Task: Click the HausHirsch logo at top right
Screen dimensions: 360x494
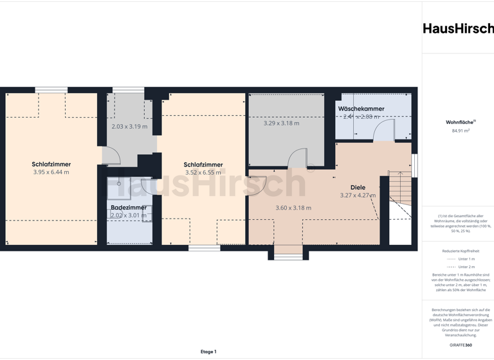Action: (458, 28)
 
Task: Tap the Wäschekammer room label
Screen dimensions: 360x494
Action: (361, 109)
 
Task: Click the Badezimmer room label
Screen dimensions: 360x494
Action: (129, 208)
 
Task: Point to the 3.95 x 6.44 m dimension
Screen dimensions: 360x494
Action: (51, 172)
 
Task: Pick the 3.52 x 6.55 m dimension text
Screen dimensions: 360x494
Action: (203, 172)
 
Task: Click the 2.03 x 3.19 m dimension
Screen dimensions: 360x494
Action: (129, 127)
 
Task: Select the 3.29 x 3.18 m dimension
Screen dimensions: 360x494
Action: (281, 123)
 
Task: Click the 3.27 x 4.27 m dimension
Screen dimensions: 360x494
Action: (358, 195)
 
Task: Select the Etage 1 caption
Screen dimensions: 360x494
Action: (208, 352)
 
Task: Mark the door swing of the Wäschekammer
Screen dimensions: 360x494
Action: (385, 131)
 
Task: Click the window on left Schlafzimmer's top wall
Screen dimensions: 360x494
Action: (51, 90)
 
